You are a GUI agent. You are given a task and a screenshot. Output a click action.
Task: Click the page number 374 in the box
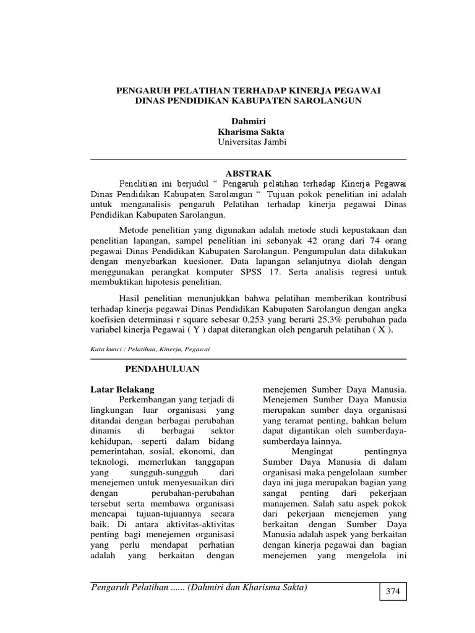pos(393,592)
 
